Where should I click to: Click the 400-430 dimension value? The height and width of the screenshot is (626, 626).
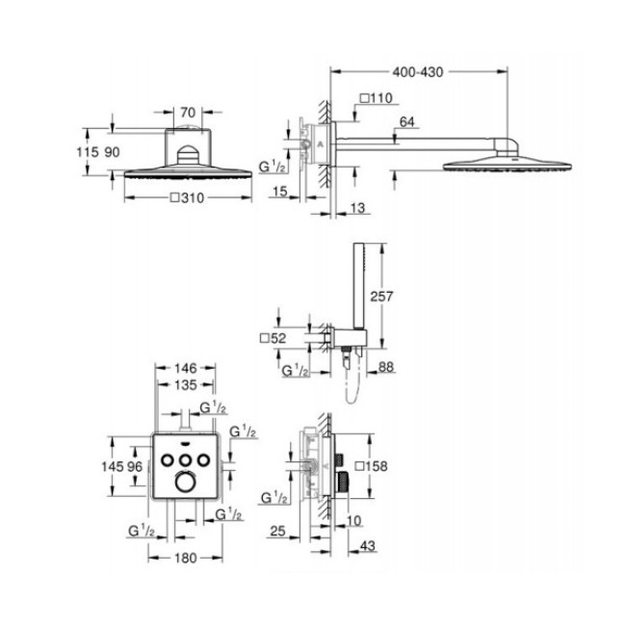[x=419, y=71]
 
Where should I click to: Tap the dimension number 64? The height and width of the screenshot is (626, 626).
[x=406, y=120]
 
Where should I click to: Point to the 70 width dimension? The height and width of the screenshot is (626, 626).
[x=188, y=111]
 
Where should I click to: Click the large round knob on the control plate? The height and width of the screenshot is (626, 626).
[x=185, y=482]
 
